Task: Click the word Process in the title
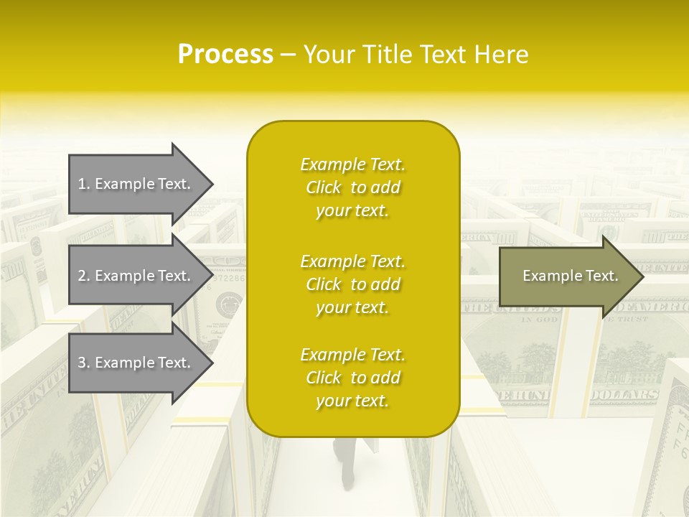(225, 55)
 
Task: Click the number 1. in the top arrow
(84, 184)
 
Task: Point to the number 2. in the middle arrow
(84, 276)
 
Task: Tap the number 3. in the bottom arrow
(84, 363)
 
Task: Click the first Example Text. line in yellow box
(352, 164)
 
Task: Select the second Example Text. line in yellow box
(352, 261)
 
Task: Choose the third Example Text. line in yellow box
(352, 355)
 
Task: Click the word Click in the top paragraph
(323, 187)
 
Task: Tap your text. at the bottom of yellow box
(352, 401)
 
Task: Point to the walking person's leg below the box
(347, 467)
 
